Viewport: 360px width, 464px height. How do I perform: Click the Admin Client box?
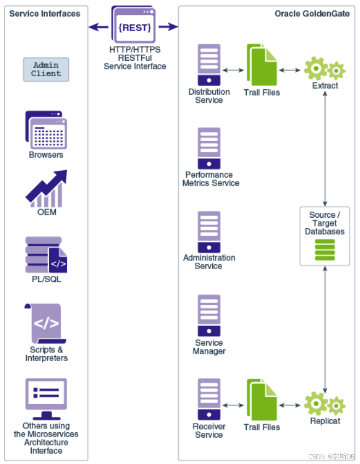[46, 69]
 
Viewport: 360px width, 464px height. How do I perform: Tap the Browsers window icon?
[46, 130]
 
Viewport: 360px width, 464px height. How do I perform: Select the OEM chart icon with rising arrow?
[47, 188]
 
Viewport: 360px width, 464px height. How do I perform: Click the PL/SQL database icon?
[46, 255]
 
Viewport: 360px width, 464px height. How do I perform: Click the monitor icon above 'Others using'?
[46, 398]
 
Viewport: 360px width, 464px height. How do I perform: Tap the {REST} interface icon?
[134, 26]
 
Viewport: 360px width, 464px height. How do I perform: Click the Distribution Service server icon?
[209, 65]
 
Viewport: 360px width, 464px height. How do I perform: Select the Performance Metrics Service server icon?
[209, 148]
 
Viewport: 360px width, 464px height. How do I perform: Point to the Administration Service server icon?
[209, 232]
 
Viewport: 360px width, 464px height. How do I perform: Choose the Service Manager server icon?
[209, 316]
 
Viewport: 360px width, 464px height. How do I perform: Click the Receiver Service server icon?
[209, 399]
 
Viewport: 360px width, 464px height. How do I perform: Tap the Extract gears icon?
[325, 69]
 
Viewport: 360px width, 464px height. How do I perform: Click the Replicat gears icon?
[325, 404]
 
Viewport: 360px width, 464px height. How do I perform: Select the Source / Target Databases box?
[325, 236]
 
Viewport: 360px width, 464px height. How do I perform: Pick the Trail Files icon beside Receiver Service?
[262, 401]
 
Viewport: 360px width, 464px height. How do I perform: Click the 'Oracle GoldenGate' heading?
[312, 14]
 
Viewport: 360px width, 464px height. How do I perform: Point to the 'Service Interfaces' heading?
[45, 14]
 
